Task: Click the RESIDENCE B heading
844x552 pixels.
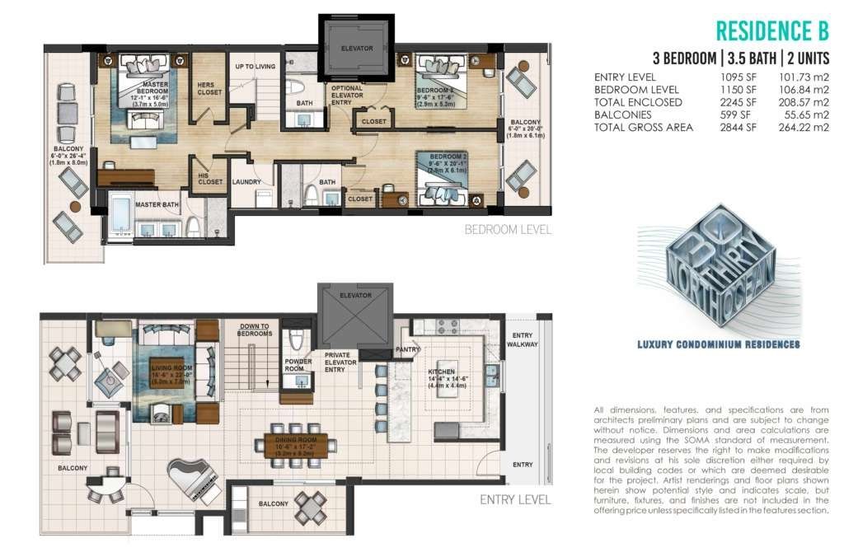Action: tap(771, 30)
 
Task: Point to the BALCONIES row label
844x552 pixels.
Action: tap(626, 115)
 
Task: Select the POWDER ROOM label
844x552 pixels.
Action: tap(298, 364)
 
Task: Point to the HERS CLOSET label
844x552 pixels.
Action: tap(209, 89)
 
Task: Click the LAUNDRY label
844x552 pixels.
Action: tap(246, 182)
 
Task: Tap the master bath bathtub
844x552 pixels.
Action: tap(123, 213)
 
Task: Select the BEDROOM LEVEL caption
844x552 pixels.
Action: tap(508, 229)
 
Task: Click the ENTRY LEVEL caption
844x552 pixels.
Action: tap(515, 499)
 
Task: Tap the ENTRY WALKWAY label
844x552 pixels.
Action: tap(523, 339)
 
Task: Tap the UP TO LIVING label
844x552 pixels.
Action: tap(255, 67)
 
